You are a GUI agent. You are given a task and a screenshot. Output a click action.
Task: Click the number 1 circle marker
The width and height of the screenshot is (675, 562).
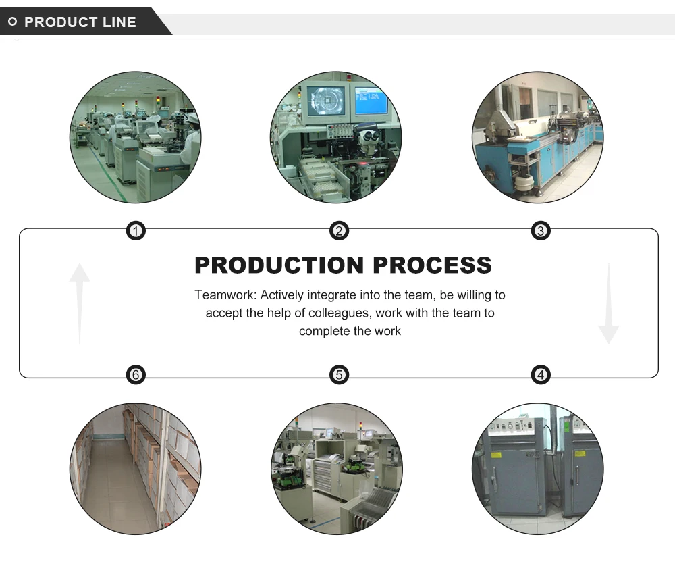[x=136, y=232]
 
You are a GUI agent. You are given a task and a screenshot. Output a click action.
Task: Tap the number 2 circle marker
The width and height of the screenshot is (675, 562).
[x=339, y=232]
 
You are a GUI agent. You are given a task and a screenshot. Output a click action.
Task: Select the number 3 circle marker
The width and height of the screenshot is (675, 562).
[x=541, y=232]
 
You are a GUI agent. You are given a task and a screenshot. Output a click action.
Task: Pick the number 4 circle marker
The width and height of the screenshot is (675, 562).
[x=541, y=374]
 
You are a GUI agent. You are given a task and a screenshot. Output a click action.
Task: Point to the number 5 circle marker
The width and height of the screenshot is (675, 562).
[x=339, y=374]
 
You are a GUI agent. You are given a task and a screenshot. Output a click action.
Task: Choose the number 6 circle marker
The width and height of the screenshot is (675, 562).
[x=136, y=374]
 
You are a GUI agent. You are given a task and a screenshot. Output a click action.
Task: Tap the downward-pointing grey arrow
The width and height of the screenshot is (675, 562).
[x=608, y=304]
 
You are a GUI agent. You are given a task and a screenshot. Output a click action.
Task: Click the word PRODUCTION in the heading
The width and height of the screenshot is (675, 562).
[x=279, y=265]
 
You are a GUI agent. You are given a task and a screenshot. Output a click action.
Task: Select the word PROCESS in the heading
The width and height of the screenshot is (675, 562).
[x=433, y=265]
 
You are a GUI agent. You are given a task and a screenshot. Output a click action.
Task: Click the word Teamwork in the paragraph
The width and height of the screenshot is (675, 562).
[x=224, y=295]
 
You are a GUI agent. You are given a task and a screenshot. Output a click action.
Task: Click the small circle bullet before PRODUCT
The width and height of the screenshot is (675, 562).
[x=12, y=22]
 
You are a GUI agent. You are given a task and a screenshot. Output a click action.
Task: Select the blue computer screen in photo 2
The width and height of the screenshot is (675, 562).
[x=371, y=101]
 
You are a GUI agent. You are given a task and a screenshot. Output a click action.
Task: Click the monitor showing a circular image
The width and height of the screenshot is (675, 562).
[x=326, y=101]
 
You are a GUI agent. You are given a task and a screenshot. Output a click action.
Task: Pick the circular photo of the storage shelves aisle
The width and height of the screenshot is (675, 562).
[x=136, y=469]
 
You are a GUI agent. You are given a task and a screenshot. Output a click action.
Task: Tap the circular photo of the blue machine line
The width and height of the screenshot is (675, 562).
[x=538, y=137]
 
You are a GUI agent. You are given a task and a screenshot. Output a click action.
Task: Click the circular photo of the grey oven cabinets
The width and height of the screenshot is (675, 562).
[x=537, y=469]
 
